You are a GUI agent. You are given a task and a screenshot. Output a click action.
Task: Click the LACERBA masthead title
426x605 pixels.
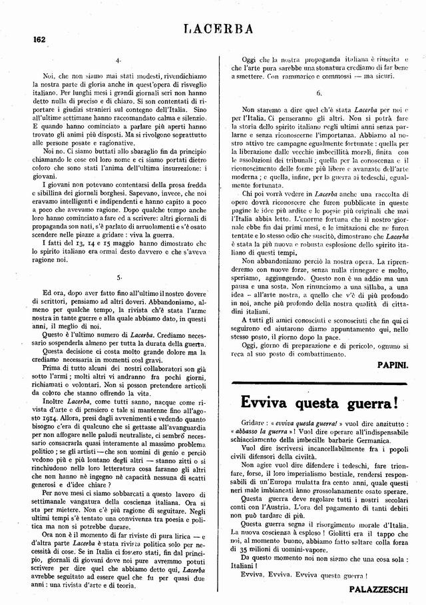[x=217, y=29]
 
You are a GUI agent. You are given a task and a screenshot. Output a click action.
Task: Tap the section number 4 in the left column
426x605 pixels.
[x=117, y=61]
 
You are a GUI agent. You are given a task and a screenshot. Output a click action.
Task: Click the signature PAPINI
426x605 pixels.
[x=393, y=366]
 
